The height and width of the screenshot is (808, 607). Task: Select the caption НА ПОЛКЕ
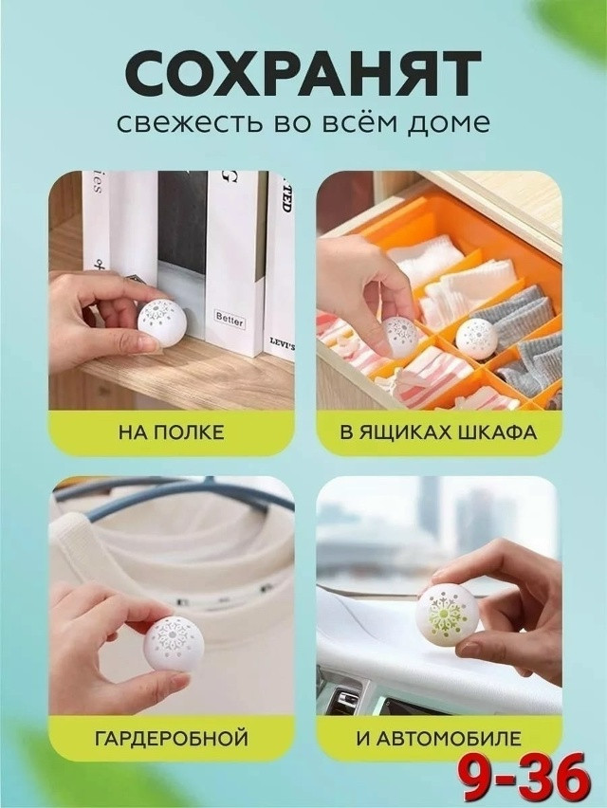point(172,433)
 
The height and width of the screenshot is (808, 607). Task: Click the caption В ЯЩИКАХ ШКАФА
point(437,433)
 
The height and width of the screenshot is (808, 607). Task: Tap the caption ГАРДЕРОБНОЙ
point(172,736)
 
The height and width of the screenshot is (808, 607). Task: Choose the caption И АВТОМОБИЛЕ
point(437,736)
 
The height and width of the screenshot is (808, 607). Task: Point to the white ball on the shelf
point(160,321)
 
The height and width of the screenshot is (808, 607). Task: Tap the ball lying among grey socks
point(474,336)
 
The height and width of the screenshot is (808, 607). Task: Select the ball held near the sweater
point(173,642)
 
